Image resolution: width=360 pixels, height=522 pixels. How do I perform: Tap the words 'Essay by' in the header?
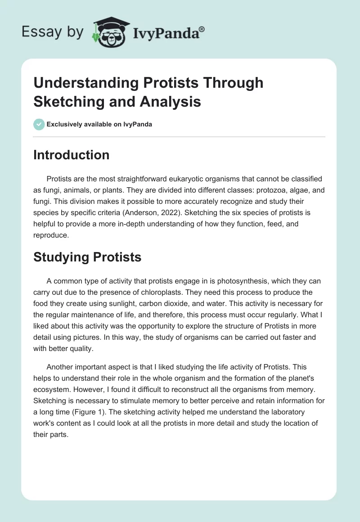click(x=53, y=32)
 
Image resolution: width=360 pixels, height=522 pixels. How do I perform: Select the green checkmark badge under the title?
click(x=39, y=125)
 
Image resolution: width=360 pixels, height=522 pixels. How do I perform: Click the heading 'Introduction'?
click(x=71, y=155)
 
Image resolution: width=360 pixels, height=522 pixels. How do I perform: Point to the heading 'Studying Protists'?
click(x=87, y=257)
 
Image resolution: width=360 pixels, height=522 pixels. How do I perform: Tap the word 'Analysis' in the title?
click(x=172, y=101)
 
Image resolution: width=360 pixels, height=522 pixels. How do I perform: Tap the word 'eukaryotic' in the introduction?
click(x=180, y=179)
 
